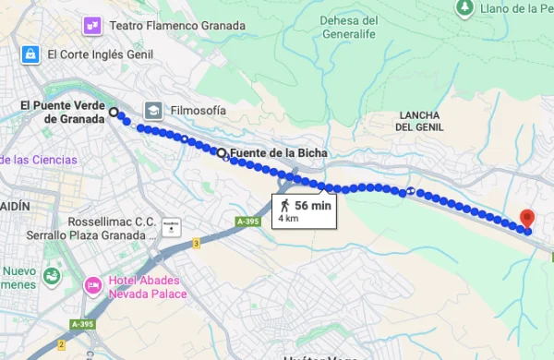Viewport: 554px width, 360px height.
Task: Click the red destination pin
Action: click(526, 219)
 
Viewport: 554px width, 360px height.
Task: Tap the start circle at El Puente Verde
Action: click(114, 113)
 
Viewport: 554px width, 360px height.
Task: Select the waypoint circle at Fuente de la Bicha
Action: click(222, 152)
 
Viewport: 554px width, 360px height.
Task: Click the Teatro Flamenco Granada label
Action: click(177, 25)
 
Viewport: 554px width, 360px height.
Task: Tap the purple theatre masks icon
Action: click(92, 25)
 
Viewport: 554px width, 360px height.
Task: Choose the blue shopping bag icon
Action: click(31, 54)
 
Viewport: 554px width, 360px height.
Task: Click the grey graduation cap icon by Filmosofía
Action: click(152, 111)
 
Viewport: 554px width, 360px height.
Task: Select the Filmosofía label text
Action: click(198, 111)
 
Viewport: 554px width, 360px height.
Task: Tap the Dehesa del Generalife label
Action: click(348, 27)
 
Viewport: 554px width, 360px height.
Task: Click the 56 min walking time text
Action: click(313, 205)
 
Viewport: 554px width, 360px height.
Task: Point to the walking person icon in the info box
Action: click(286, 205)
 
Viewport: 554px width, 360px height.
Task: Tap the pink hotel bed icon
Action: click(93, 286)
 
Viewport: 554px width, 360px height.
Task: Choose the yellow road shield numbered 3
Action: click(196, 244)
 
